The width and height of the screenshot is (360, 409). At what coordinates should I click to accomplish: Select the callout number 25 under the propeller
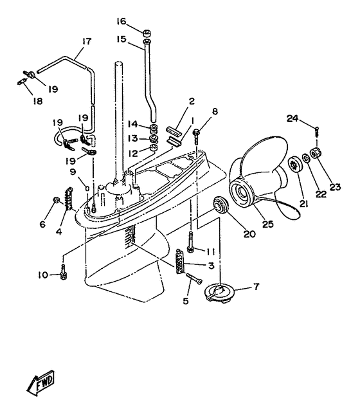[x=267, y=224]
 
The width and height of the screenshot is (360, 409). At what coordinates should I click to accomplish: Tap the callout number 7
[x=256, y=287]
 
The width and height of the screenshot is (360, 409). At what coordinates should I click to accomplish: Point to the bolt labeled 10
[x=64, y=272]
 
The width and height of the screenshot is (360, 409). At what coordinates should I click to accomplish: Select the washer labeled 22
[x=305, y=158]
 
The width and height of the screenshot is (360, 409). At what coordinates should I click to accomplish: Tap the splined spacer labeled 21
[x=295, y=165]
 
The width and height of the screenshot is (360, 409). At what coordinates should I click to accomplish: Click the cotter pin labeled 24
[x=317, y=131]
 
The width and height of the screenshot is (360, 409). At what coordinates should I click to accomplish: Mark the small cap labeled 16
[x=147, y=33]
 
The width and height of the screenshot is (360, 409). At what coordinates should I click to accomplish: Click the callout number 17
[x=87, y=41]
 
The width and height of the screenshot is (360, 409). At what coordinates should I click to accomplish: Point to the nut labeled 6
[x=55, y=200]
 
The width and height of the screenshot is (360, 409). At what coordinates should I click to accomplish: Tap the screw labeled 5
[x=194, y=279]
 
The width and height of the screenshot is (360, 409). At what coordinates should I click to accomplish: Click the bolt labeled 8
[x=196, y=137]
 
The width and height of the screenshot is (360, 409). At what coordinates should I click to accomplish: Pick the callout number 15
[x=122, y=39]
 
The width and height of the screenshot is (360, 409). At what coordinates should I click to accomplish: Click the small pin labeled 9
[x=88, y=188]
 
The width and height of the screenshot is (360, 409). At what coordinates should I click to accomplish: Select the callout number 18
[x=38, y=101]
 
